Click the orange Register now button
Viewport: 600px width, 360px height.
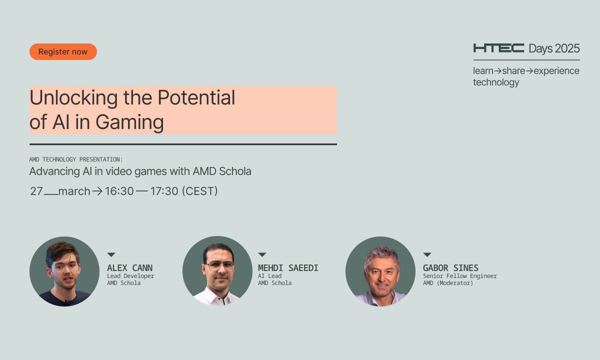pyautogui.click(x=63, y=52)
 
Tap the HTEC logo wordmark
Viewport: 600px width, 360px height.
pyautogui.click(x=498, y=48)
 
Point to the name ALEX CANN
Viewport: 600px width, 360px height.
pyautogui.click(x=129, y=268)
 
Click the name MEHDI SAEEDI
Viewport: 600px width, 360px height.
pyautogui.click(x=288, y=268)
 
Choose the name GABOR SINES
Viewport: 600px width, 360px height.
pyautogui.click(x=450, y=268)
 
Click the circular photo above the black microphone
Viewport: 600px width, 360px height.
pyautogui.click(x=64, y=271)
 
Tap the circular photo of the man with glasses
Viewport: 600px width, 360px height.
pyautogui.click(x=217, y=271)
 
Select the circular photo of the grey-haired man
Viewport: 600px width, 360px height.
pyautogui.click(x=380, y=271)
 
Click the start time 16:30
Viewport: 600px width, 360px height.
pyautogui.click(x=119, y=191)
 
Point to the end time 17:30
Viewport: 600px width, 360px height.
pyautogui.click(x=163, y=191)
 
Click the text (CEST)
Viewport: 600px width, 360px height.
pyautogui.click(x=200, y=191)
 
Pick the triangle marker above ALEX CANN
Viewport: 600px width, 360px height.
pyautogui.click(x=111, y=255)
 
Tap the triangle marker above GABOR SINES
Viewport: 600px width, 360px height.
pyautogui.click(x=427, y=255)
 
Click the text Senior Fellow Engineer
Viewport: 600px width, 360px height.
pyautogui.click(x=459, y=276)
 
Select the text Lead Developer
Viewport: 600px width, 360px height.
pyautogui.click(x=130, y=276)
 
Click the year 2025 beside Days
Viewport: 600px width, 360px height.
pyautogui.click(x=567, y=48)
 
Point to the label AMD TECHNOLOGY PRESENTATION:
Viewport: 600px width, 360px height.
pyautogui.click(x=76, y=159)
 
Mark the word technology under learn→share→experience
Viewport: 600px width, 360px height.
pyautogui.click(x=496, y=82)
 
